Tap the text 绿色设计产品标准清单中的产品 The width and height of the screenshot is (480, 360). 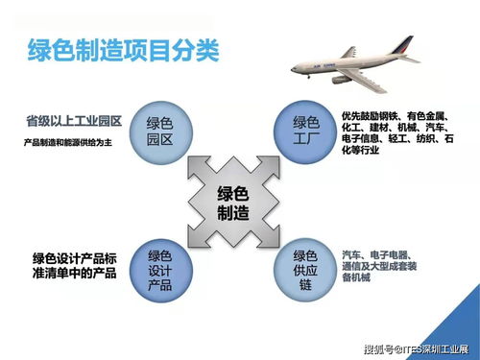tap(74, 266)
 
